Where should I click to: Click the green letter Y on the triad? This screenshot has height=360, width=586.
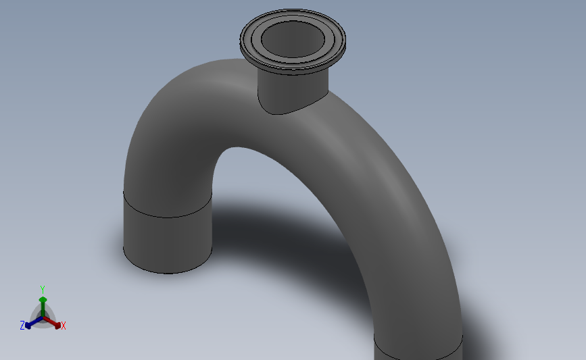coord(42,290)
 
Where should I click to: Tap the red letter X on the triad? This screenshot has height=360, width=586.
coord(63,326)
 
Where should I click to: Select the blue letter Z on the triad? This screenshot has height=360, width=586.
coord(22,326)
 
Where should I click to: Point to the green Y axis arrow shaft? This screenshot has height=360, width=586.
coord(43,308)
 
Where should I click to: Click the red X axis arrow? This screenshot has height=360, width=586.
coord(52,323)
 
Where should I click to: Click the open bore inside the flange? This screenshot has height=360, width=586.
coord(293,39)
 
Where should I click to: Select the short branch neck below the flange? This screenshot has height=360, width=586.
coord(293,91)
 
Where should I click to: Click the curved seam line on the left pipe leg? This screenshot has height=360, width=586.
coord(168,217)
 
